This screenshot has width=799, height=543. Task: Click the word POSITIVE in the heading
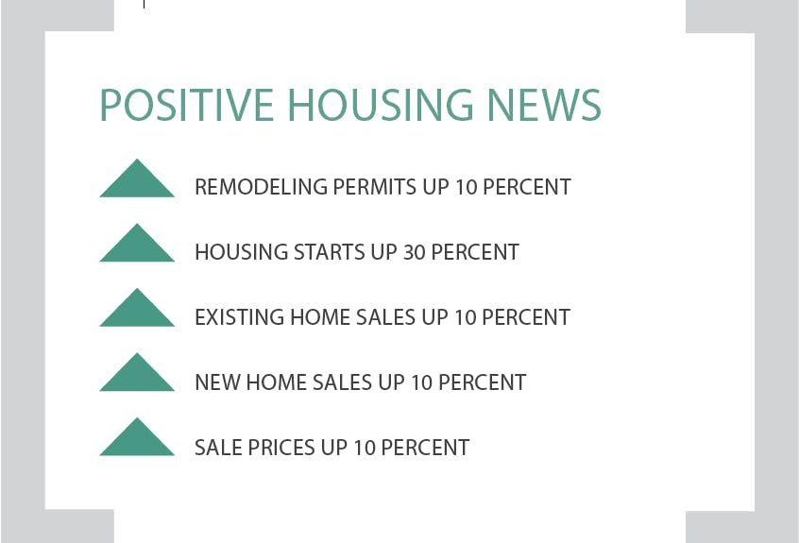point(186,105)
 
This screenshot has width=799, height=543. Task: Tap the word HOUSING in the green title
point(381,105)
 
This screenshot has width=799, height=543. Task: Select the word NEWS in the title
point(544,105)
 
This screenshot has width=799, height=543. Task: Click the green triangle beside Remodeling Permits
point(137,178)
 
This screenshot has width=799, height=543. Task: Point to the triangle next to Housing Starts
point(137,243)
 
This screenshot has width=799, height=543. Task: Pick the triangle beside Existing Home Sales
point(137,307)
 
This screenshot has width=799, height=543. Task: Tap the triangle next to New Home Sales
point(137,372)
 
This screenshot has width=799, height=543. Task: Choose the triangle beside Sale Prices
point(137,436)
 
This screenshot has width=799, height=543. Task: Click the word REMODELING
point(262,187)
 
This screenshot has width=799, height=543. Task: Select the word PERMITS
point(375,187)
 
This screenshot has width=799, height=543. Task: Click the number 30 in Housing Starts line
point(415,252)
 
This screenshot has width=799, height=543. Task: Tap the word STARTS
point(330,252)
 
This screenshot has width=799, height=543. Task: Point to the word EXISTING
point(240,317)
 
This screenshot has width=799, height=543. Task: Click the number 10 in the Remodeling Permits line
point(466,187)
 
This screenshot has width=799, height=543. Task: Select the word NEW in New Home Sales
point(217,382)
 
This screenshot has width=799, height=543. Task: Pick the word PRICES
point(281,448)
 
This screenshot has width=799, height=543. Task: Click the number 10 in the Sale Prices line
point(365,448)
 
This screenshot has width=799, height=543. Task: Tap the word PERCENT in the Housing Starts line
point(475,252)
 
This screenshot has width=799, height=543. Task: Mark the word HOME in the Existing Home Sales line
point(320,317)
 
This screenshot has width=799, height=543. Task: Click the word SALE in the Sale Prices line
point(219,448)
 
